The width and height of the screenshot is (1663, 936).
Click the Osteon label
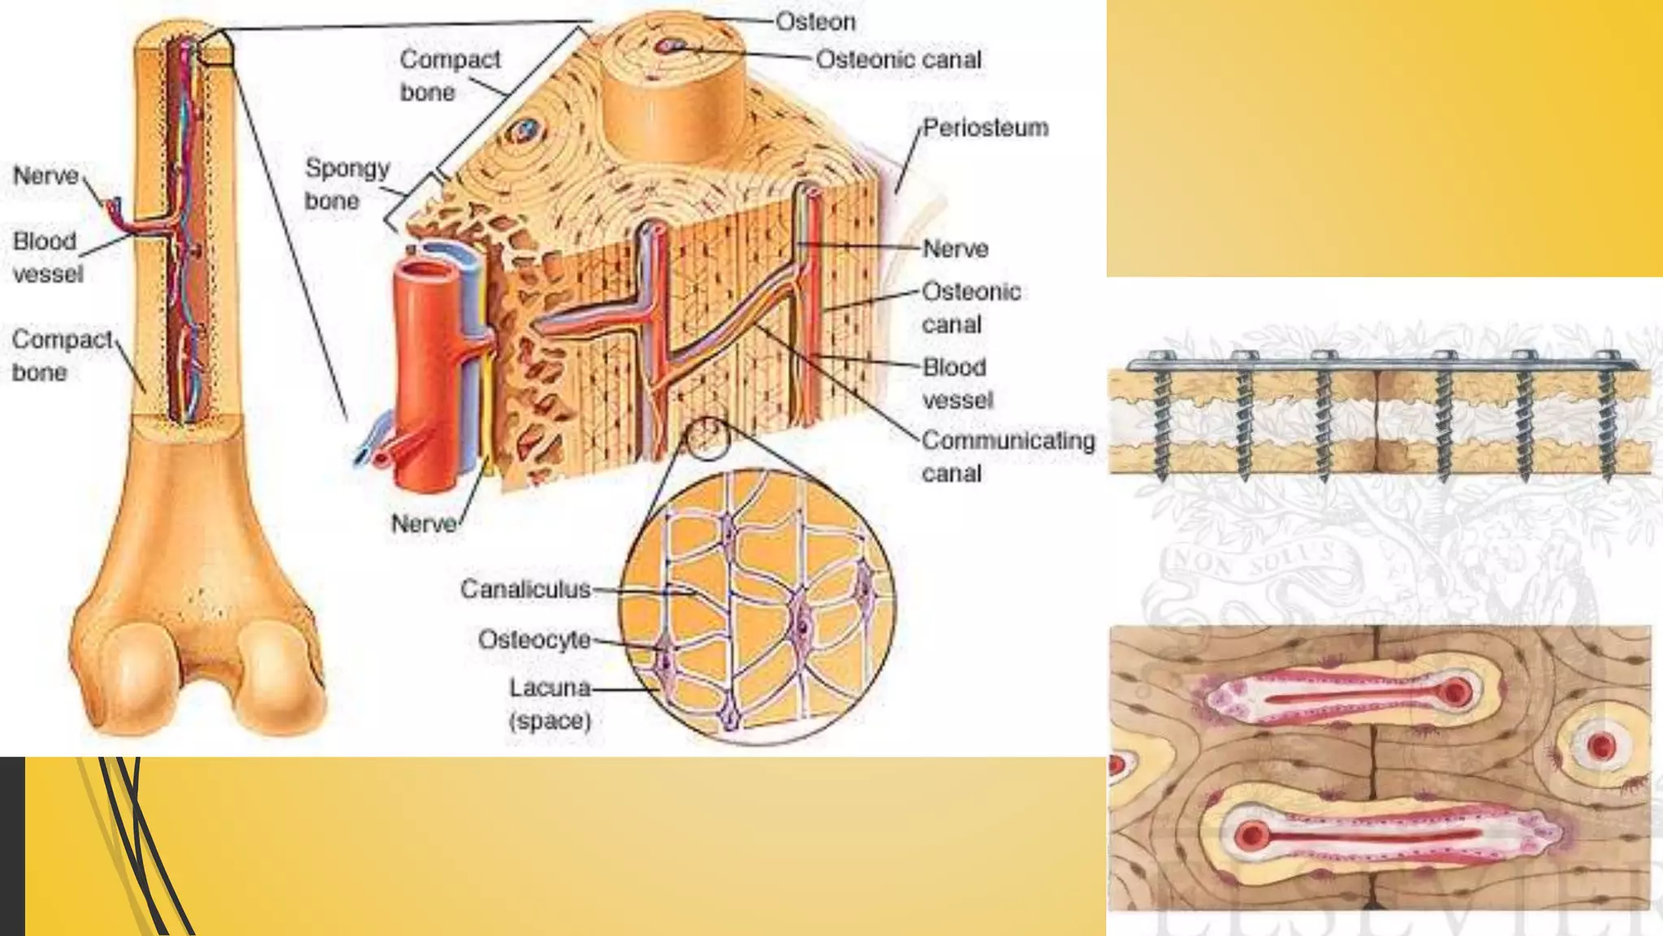[x=815, y=22]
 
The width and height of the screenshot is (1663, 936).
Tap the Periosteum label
[x=985, y=128]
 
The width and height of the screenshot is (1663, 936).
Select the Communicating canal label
[x=1008, y=457]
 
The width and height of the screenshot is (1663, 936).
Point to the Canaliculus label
[x=525, y=589]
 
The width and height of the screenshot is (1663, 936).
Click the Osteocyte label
[x=534, y=639]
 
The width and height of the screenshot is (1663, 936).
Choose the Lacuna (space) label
[x=550, y=704]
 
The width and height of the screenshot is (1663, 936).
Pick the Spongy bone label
[x=347, y=184]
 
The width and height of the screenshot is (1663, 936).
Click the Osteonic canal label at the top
[x=898, y=59]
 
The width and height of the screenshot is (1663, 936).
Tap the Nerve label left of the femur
[x=45, y=175]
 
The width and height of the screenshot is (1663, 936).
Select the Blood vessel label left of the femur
[x=47, y=257]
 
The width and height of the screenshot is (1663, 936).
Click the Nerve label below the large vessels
[x=423, y=524]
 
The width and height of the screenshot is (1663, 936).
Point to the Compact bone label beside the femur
[x=62, y=355]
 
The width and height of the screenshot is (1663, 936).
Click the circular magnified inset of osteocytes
[x=757, y=605]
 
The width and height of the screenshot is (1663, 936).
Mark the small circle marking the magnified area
[x=706, y=439]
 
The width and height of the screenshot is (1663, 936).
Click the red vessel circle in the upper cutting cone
[x=1455, y=692]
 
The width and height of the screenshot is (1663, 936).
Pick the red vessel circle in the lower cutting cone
[x=1250, y=835]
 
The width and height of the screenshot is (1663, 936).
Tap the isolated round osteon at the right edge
[x=1601, y=745]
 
